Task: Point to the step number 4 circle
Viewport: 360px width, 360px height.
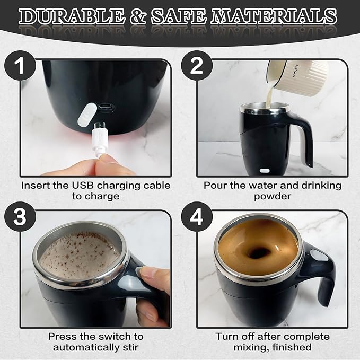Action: (196, 217)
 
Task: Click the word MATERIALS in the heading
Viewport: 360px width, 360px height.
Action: (274, 16)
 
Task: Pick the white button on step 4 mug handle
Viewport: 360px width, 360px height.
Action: (318, 256)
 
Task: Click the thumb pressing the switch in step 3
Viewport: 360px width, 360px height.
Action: (151, 276)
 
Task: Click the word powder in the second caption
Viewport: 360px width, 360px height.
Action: (273, 196)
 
